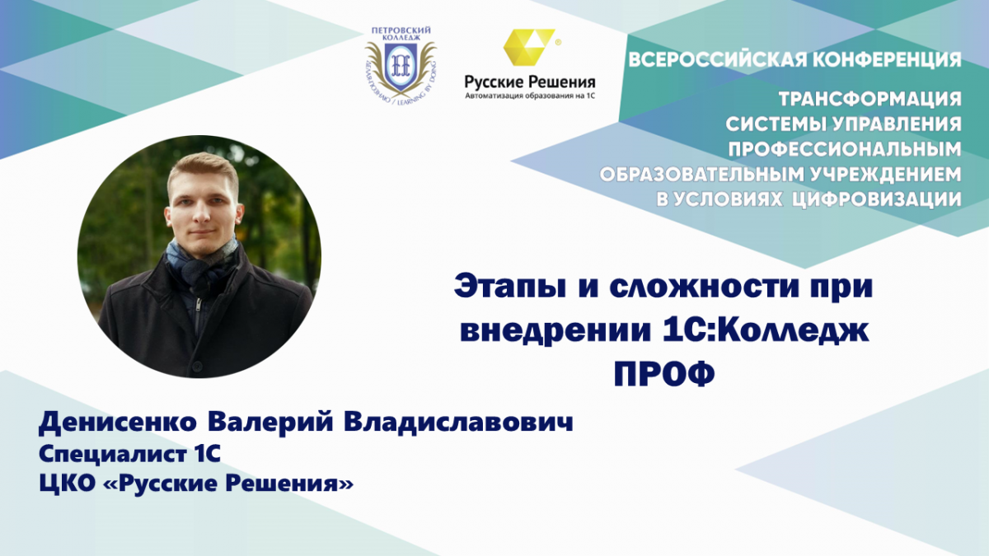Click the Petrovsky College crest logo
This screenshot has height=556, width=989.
[x=401, y=65]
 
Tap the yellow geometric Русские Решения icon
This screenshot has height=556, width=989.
[x=529, y=47]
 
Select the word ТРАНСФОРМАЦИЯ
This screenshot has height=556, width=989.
[x=869, y=100]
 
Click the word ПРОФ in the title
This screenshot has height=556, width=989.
[x=664, y=375]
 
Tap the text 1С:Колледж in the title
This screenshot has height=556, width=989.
[x=766, y=331]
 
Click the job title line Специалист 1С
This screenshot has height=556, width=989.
[x=129, y=455]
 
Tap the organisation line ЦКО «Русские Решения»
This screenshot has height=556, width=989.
[x=196, y=484]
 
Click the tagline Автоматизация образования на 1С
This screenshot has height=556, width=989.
[x=530, y=96]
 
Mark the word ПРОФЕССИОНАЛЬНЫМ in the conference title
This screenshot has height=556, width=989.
[x=845, y=150]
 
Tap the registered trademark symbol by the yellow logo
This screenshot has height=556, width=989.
[x=558, y=42]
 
